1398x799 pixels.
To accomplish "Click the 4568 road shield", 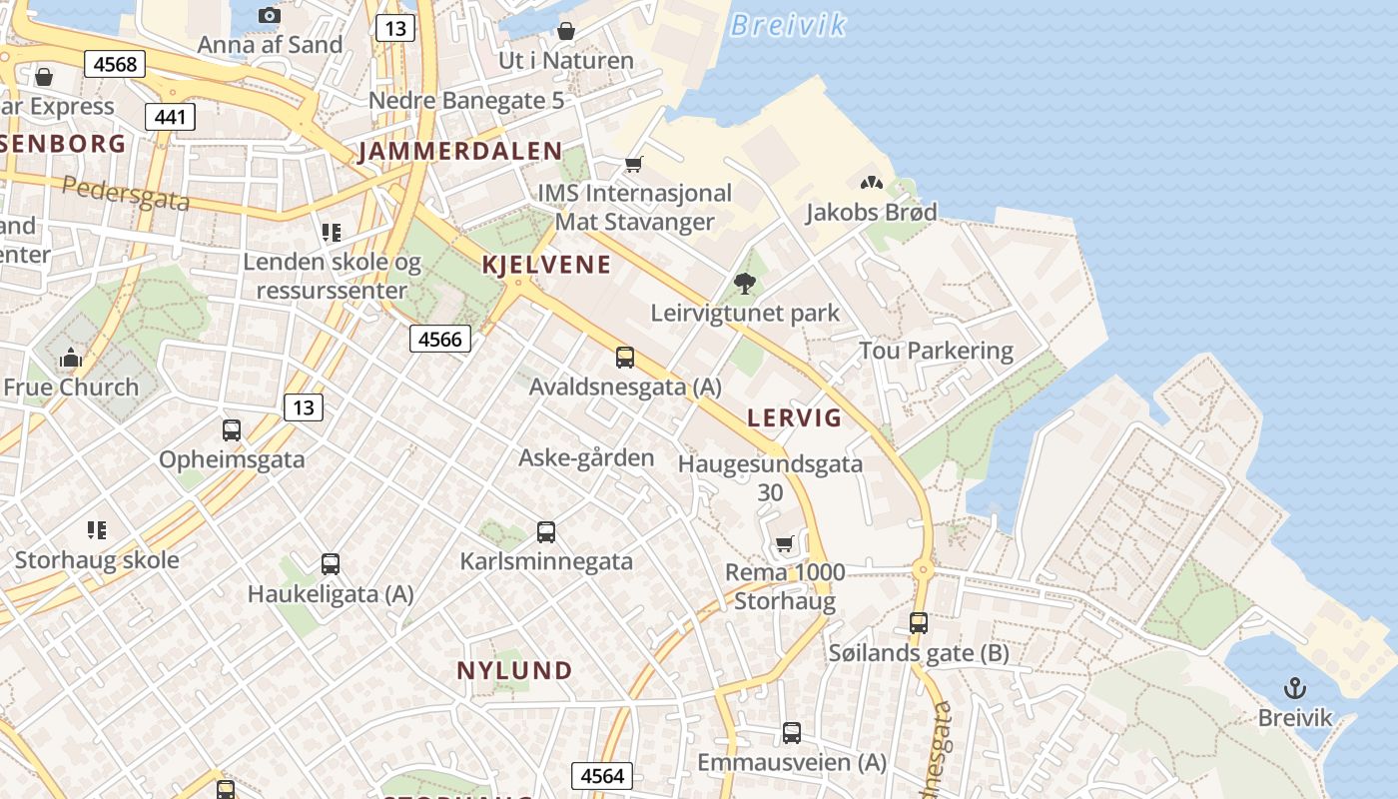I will (115, 65).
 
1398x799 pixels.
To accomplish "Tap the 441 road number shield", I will (171, 117).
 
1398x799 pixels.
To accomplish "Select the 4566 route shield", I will (440, 339).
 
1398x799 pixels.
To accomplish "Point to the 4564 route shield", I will (602, 776).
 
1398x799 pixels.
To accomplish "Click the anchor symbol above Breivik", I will (1295, 688).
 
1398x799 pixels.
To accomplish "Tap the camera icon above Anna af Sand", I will (269, 15).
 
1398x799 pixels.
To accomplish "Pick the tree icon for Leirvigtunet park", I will (744, 284).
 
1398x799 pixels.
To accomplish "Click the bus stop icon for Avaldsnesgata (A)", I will (625, 357).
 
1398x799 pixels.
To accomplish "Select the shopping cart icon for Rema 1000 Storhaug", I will (785, 544).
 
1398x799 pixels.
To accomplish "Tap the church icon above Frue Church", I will (70, 358).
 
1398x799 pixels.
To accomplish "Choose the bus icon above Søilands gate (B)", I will (919, 623).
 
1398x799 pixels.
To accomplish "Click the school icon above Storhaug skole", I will (96, 529).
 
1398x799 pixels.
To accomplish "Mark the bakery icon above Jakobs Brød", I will (871, 183).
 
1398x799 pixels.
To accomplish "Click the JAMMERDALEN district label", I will (460, 152).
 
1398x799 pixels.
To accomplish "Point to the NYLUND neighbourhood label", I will (514, 670).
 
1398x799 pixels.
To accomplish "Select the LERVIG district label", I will (795, 417).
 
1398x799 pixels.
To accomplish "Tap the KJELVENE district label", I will (546, 265).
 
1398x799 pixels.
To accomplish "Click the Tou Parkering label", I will (936, 351).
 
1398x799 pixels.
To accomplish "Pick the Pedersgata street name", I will (126, 193).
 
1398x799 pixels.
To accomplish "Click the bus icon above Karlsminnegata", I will (546, 532).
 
